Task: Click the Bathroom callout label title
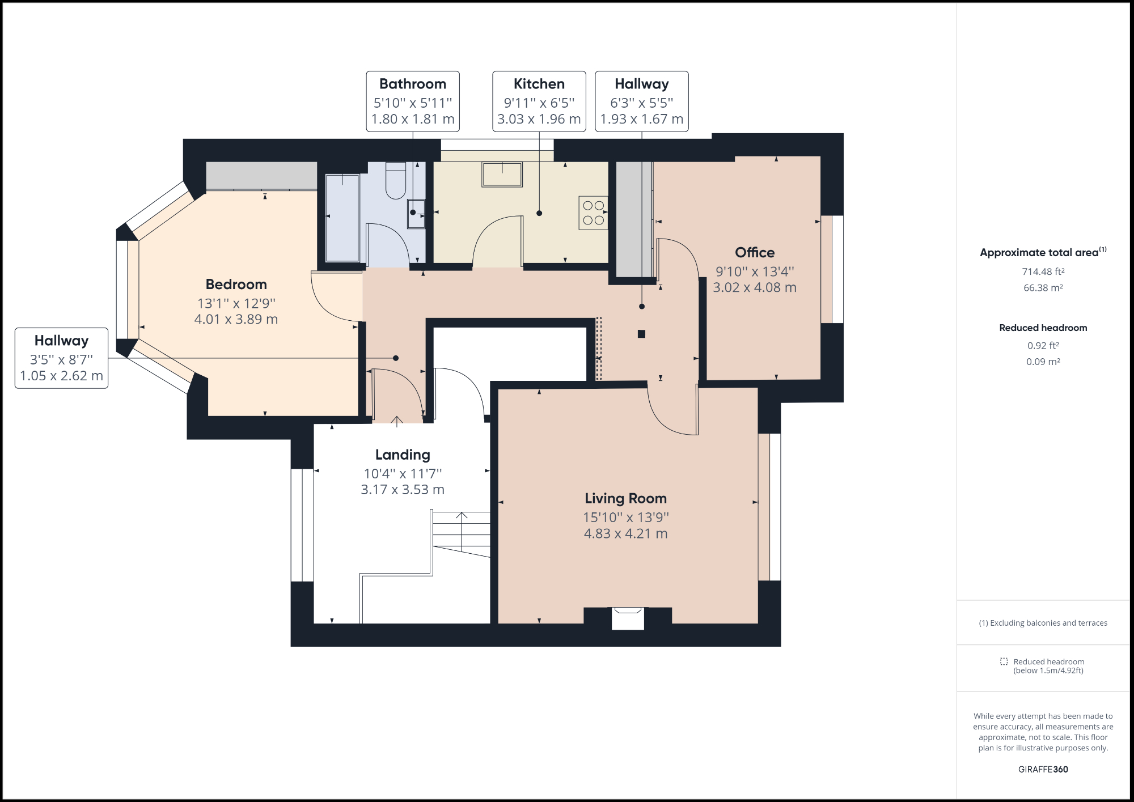413,84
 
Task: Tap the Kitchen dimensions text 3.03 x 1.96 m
539,119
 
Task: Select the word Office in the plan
755,252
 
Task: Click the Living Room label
625,498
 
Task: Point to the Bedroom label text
236,284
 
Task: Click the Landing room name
403,455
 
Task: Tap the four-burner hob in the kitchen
593,213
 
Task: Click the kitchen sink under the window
502,175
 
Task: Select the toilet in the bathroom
396,180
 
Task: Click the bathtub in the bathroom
342,218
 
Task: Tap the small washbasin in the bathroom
416,214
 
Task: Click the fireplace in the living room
628,618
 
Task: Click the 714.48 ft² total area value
1043,271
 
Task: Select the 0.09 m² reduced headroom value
1043,362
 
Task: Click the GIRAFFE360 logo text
1043,769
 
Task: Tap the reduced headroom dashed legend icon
1004,661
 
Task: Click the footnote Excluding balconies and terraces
1043,623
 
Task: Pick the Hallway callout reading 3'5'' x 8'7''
61,359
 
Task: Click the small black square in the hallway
641,334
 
